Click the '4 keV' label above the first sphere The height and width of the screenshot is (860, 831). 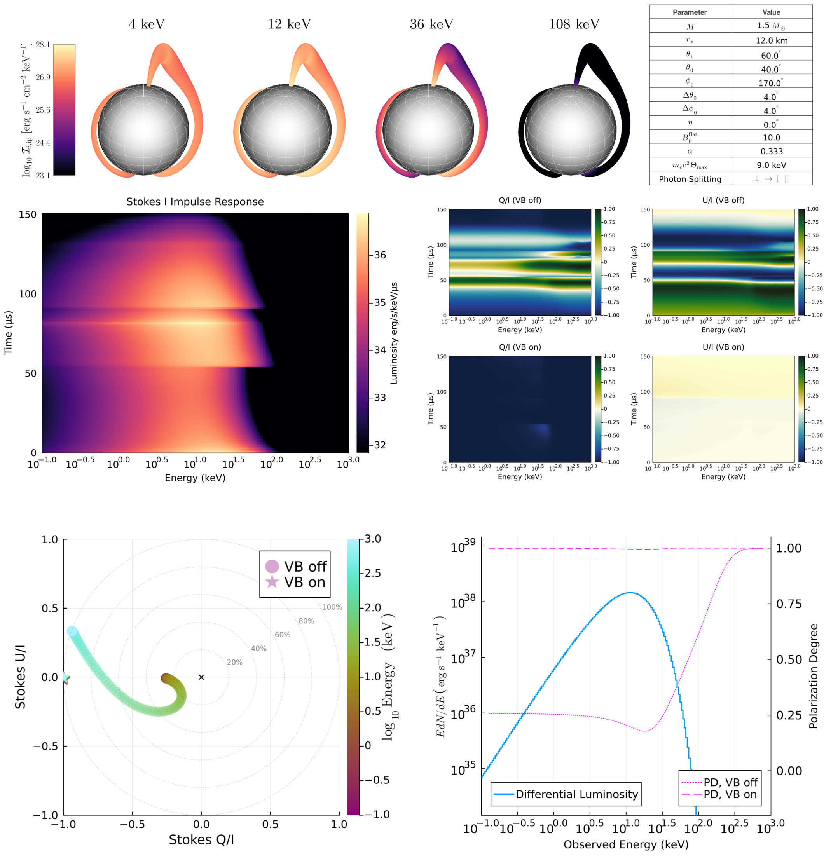click(147, 24)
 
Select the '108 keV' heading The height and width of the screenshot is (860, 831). click(574, 24)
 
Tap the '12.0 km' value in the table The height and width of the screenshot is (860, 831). click(771, 40)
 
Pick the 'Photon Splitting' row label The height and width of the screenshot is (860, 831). click(690, 179)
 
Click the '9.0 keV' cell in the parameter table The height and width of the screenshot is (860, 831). click(771, 165)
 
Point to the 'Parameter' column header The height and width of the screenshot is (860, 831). click(690, 12)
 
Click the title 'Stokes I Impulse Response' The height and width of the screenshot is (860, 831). click(195, 202)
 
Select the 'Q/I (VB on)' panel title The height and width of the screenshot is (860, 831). click(520, 347)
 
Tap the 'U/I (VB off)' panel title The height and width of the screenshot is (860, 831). click(723, 200)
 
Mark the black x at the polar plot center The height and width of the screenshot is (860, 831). click(201, 677)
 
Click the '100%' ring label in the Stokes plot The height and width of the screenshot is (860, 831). click(332, 607)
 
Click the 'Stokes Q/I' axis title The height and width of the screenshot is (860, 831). click(201, 839)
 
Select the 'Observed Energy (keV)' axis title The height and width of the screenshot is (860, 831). click(626, 844)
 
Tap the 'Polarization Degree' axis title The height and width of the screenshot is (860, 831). click(814, 676)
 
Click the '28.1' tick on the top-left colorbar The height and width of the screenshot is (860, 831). click(43, 44)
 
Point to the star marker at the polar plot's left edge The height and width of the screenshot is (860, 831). click(65, 677)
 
